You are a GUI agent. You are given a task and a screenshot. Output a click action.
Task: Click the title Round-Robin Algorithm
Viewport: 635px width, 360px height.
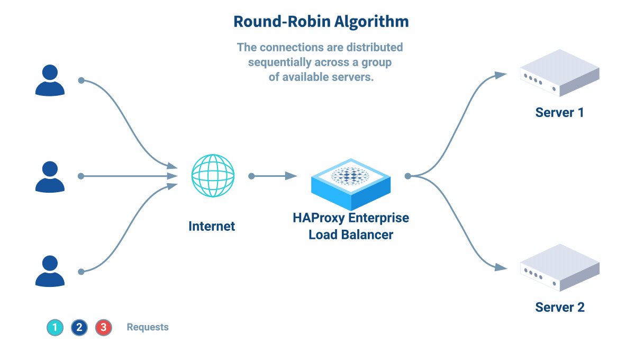point(321,22)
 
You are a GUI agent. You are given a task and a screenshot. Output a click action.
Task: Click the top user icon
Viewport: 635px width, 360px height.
point(50,80)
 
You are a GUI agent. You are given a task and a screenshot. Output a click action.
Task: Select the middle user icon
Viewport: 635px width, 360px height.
point(50,176)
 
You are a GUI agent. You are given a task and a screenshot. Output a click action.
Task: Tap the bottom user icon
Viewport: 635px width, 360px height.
point(50,271)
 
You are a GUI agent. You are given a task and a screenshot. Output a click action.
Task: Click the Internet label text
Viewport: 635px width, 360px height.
point(212,227)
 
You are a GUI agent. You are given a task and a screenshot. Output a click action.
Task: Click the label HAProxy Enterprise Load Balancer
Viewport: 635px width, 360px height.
point(351,226)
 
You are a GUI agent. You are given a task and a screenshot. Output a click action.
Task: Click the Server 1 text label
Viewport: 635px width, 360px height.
point(559,112)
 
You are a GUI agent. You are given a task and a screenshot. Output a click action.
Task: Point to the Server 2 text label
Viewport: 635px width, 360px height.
point(559,307)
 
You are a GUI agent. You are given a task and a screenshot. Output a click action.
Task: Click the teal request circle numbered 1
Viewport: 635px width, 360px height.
point(55,328)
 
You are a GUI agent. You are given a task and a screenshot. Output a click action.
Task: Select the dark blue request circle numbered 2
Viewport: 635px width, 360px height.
point(79,328)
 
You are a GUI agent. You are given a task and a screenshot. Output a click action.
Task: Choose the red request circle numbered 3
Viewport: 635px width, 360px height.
point(103,328)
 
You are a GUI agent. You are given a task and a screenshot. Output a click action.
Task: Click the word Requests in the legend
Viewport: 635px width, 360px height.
point(148,327)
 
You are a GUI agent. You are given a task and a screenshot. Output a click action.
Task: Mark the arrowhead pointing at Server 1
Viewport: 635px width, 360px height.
point(500,76)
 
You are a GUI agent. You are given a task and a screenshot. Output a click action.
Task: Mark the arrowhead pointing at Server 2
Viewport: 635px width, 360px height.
point(500,268)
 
